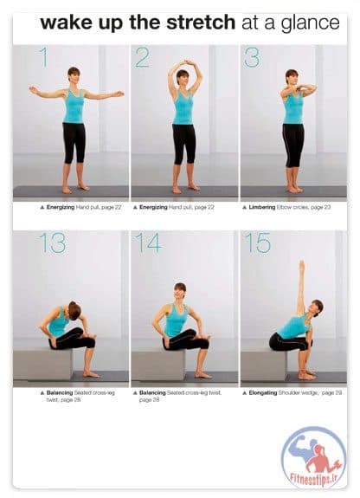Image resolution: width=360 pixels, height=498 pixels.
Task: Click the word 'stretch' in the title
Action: coord(201,23)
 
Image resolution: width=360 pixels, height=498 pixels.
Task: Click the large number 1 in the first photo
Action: coord(44,57)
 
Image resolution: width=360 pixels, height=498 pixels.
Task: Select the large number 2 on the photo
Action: coord(142,57)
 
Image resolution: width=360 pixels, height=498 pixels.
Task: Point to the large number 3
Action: coord(252,57)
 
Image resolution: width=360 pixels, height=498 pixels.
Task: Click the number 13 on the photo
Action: coord(53,243)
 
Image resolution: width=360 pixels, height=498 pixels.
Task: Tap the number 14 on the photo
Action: coord(149,243)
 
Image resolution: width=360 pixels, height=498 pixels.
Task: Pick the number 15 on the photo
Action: coord(258,243)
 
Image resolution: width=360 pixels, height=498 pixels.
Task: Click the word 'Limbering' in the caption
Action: coord(262,207)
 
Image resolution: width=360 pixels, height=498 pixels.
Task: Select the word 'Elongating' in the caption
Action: coord(263,393)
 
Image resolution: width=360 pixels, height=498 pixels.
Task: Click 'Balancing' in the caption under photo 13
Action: coord(60,393)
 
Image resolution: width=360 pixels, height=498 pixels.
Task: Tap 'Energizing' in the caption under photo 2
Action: coord(153,207)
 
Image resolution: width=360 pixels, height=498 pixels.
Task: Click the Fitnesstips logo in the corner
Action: coord(313,457)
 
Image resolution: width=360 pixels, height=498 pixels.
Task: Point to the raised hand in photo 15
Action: coord(302,266)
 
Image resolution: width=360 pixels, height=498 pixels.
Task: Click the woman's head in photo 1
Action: coord(74,75)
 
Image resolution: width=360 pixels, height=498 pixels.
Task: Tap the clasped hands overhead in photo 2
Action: coord(189,62)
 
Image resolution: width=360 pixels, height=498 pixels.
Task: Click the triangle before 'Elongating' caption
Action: coord(244,393)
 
